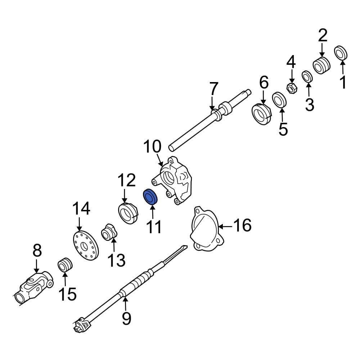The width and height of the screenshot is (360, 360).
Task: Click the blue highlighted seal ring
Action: coord(150,197)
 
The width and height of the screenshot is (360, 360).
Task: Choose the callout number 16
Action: coord(242,226)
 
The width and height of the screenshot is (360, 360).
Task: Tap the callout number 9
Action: coord(126,318)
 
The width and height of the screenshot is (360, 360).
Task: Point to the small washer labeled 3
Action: coord(307,76)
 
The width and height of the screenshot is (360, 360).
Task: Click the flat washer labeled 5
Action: coord(279,100)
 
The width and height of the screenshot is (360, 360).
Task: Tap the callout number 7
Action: coord(213,89)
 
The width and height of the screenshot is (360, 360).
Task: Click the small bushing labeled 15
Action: coord(65,266)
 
